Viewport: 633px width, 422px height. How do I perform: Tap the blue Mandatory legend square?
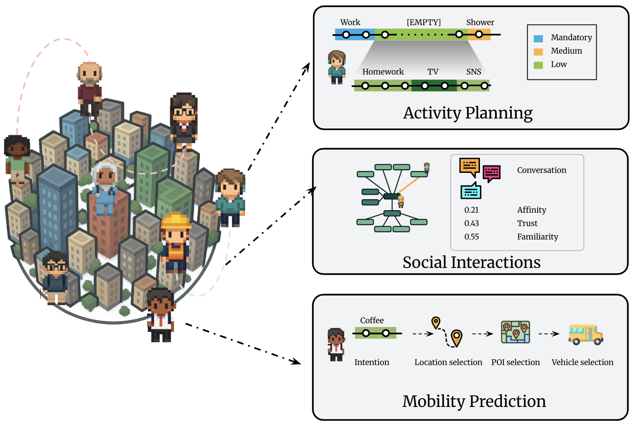pos(539,39)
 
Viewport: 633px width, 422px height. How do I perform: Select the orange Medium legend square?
pos(539,52)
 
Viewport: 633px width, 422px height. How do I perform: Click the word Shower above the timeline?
pos(480,22)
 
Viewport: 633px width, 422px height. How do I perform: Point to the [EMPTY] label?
pos(424,22)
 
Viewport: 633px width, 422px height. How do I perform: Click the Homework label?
pos(383,72)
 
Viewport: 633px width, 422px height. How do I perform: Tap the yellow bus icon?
pos(585,335)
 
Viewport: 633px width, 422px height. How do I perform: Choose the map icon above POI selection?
pos(516,332)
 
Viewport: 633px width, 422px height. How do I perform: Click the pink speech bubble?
pos(492,172)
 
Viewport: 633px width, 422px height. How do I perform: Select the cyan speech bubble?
pos(471,191)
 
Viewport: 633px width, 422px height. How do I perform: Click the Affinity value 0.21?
pos(472,210)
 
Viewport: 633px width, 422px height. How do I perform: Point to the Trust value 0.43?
pos(472,223)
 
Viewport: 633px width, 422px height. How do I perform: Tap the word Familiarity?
pos(538,237)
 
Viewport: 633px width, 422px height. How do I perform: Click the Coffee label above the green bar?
pos(372,320)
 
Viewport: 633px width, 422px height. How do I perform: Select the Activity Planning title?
pos(468,113)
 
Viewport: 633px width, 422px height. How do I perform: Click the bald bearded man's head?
pos(89,73)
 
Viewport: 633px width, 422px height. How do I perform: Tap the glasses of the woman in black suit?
pos(184,112)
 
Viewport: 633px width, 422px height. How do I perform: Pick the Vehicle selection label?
pos(582,362)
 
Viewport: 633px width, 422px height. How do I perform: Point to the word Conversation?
pos(541,170)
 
